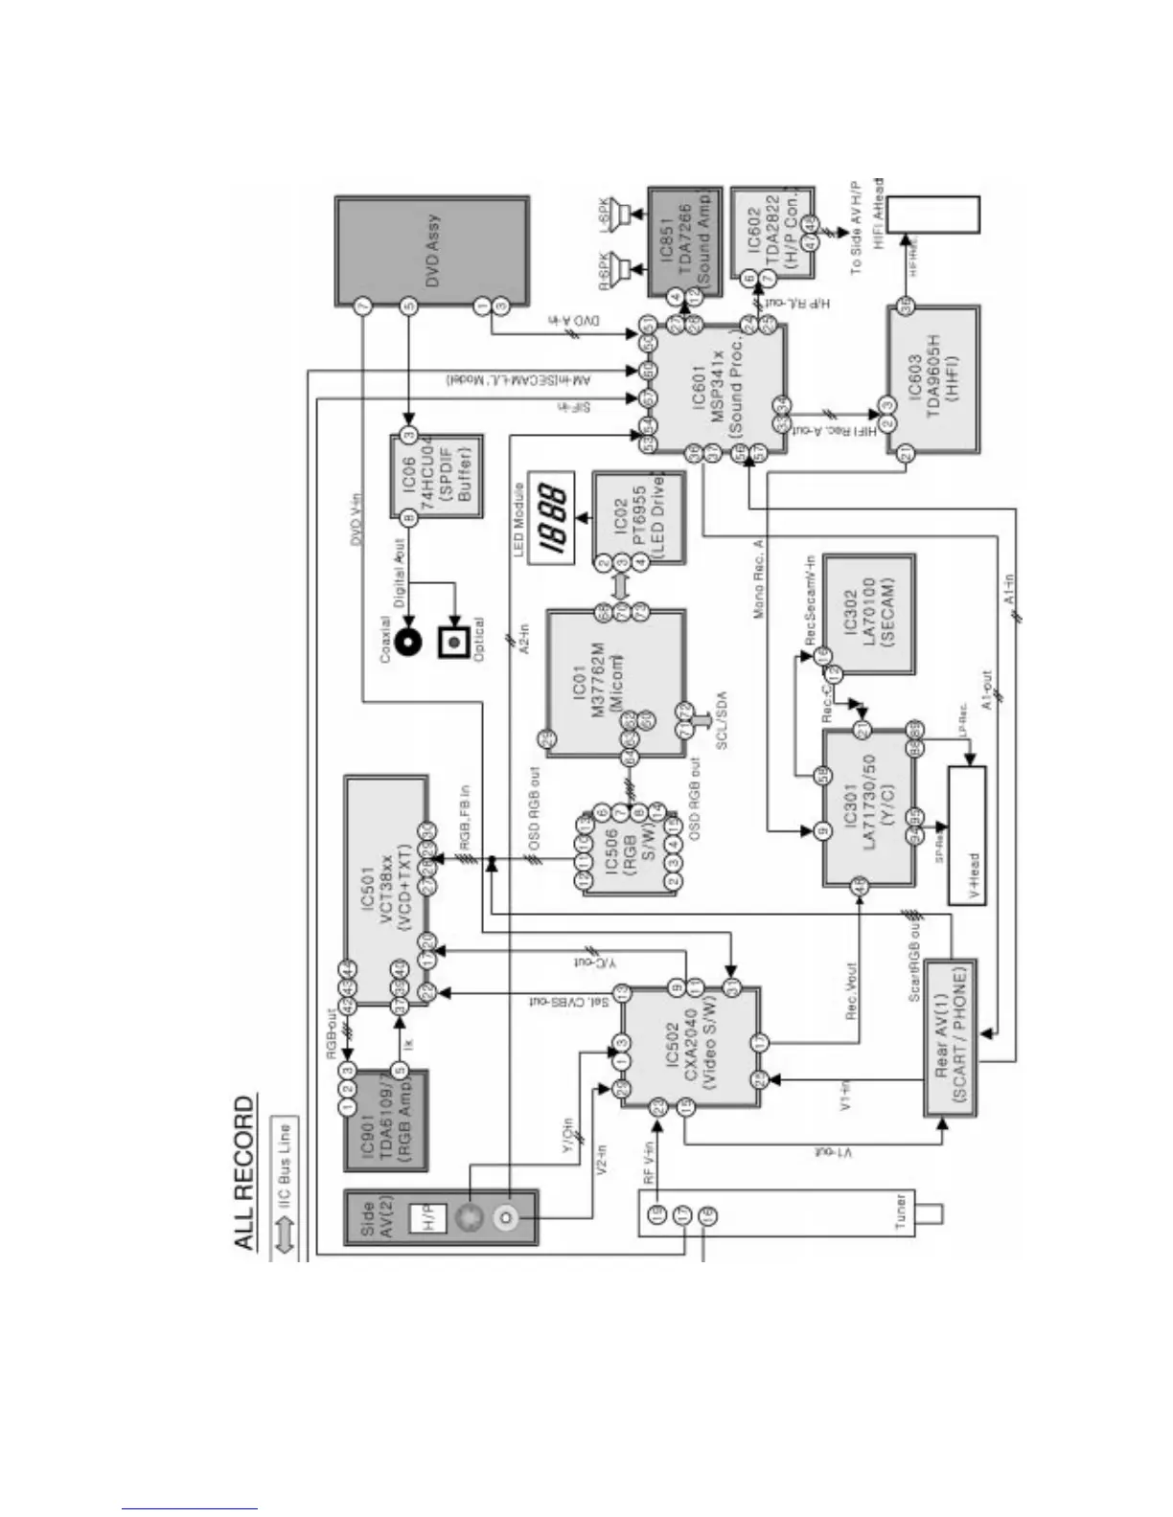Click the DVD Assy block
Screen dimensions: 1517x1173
(431, 251)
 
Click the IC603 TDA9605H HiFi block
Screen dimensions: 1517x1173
(932, 379)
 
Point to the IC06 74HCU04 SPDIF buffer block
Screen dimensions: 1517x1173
(436, 476)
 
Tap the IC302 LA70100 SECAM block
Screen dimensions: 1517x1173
(867, 613)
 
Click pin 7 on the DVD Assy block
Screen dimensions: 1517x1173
(362, 307)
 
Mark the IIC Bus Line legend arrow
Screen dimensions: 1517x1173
(285, 1236)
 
